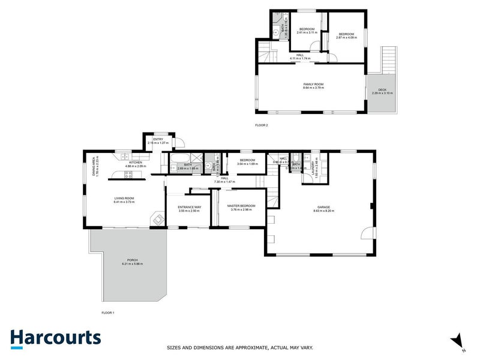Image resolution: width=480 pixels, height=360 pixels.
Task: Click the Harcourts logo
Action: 55,338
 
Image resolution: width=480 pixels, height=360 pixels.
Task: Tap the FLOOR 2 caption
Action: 262,125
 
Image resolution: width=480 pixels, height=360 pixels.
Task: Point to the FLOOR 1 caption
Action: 108,313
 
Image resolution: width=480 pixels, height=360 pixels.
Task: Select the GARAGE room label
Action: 324,208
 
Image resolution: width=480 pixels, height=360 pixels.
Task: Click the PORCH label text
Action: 132,260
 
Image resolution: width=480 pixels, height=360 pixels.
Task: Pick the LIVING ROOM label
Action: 124,199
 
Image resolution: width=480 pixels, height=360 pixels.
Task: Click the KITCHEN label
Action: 135,162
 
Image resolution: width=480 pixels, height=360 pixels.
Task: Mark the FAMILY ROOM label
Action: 313,84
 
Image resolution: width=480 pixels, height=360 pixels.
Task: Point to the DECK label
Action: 382,89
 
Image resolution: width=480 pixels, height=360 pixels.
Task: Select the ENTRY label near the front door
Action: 158,140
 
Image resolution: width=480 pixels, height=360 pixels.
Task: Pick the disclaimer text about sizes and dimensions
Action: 239,347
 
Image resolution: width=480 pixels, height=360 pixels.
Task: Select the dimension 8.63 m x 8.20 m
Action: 324,211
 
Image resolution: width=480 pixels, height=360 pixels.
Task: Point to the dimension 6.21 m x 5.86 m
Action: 132,264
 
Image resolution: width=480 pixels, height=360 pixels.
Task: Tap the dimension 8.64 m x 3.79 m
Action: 313,88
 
